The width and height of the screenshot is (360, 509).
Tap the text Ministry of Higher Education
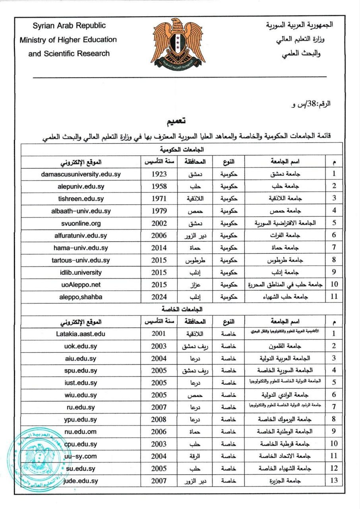[x=68, y=40]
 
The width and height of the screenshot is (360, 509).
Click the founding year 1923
[x=159, y=174]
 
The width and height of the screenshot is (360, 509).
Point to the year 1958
[x=159, y=187]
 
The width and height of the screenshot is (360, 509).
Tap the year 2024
[x=159, y=297]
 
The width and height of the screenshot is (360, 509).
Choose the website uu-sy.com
[x=81, y=457]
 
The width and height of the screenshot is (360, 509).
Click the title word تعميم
[x=176, y=120]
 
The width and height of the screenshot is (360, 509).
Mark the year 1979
[x=159, y=211]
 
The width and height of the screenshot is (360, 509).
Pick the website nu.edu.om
[x=81, y=432]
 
